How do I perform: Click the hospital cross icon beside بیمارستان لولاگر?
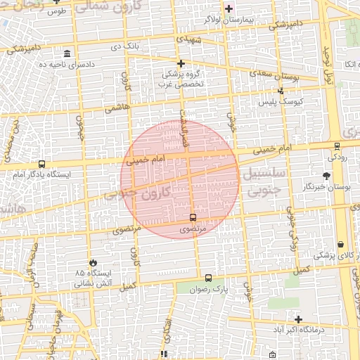pos(229,8)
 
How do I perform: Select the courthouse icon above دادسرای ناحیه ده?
pos(67,54)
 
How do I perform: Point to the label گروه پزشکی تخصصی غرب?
pos(182,78)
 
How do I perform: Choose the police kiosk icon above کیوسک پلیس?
pos(281,91)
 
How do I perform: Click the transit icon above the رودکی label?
pos(337,147)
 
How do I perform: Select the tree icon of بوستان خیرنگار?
pos(326,176)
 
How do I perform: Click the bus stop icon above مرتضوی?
pos(193,217)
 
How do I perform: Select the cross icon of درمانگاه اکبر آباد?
pos(298,319)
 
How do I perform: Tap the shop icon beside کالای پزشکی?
pos(340,244)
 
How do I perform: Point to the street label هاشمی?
pos(115,108)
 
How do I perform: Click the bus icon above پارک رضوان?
pos(207,278)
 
